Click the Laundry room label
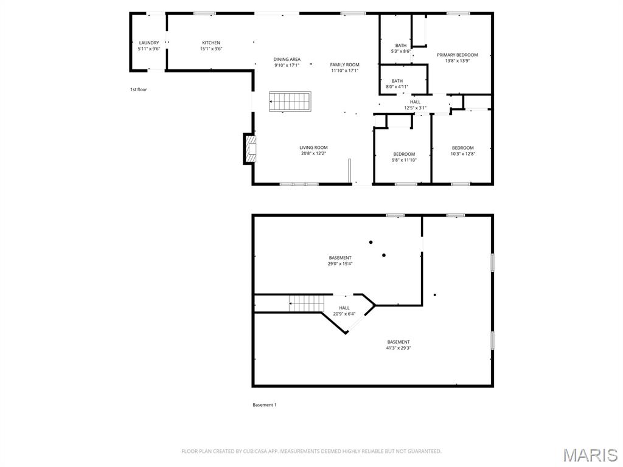[x=148, y=46]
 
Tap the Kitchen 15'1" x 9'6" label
[x=211, y=46]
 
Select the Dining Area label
[x=287, y=62]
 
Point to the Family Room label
[x=344, y=67]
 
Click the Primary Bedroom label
[x=457, y=58]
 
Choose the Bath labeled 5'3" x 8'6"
[x=400, y=49]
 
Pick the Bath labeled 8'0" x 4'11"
[x=397, y=84]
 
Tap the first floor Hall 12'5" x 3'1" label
[x=415, y=105]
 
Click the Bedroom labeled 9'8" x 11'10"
[x=404, y=157]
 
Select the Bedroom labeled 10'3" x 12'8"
[x=462, y=151]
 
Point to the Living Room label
[x=313, y=150]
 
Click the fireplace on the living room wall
[x=249, y=149]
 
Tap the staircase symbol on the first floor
[x=290, y=102]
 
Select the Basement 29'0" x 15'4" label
[x=340, y=261]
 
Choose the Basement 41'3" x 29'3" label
[x=398, y=345]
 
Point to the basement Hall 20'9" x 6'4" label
[x=344, y=311]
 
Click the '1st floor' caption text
[x=138, y=89]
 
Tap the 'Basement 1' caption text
[x=264, y=405]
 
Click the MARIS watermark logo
[x=590, y=455]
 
